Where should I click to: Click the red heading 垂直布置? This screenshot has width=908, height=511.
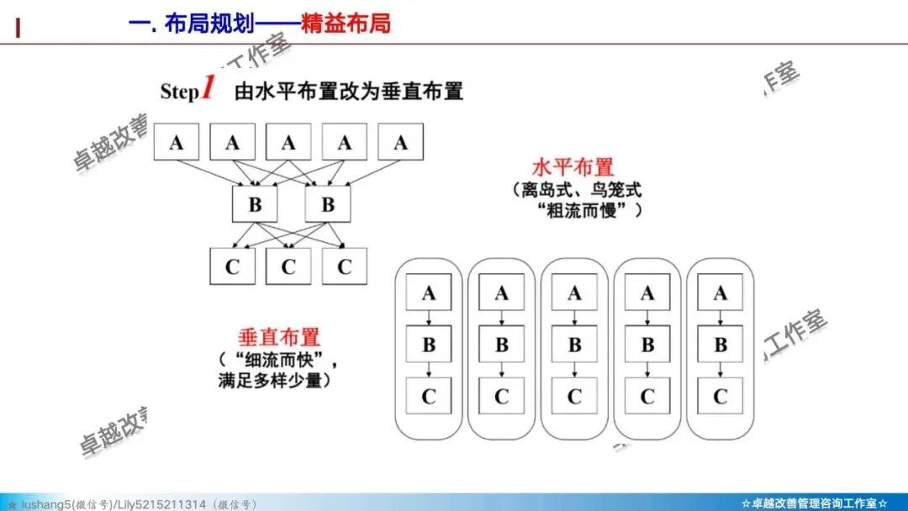pyautogui.click(x=279, y=338)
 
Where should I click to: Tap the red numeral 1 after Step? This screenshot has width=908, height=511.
pyautogui.click(x=209, y=88)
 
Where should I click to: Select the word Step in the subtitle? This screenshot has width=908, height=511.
pyautogui.click(x=179, y=92)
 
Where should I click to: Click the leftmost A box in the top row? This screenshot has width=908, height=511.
pyautogui.click(x=176, y=143)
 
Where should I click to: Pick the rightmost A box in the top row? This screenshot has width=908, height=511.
pyautogui.click(x=400, y=143)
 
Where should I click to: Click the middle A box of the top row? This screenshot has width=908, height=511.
pyautogui.click(x=288, y=143)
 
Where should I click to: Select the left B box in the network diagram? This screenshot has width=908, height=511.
pyautogui.click(x=256, y=204)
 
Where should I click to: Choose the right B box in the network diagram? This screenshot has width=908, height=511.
pyautogui.click(x=328, y=204)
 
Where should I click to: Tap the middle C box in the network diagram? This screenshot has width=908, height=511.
pyautogui.click(x=288, y=266)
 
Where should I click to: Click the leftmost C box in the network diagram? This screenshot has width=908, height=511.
pyautogui.click(x=232, y=266)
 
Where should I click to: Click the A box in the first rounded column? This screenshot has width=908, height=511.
pyautogui.click(x=429, y=293)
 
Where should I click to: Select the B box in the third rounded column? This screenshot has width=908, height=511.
pyautogui.click(x=574, y=345)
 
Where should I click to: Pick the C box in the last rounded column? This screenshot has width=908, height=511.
pyautogui.click(x=720, y=396)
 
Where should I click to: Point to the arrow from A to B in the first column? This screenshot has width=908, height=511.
pyautogui.click(x=429, y=319)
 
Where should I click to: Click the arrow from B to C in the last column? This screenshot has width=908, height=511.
pyautogui.click(x=720, y=371)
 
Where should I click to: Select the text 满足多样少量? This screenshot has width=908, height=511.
pyautogui.click(x=273, y=381)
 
